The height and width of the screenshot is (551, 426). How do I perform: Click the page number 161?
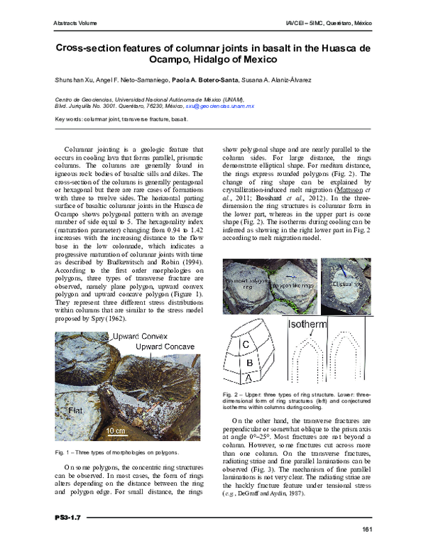tap(367, 530)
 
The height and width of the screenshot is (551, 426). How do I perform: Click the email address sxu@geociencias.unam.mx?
tap(219, 105)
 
